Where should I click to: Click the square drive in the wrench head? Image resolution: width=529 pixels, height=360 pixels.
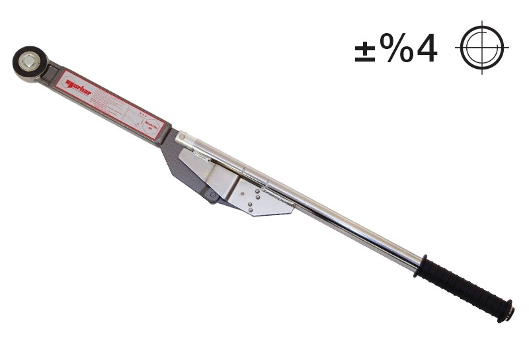30,62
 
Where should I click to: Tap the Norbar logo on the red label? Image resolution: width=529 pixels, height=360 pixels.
79,87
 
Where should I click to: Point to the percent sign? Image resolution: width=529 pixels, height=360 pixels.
396,48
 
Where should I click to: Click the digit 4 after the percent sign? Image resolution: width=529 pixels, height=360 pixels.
427,48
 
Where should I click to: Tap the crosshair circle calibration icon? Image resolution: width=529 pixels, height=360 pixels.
482,48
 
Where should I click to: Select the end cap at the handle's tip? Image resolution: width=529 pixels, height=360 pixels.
507,312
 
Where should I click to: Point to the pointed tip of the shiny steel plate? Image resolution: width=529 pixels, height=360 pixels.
292,210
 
